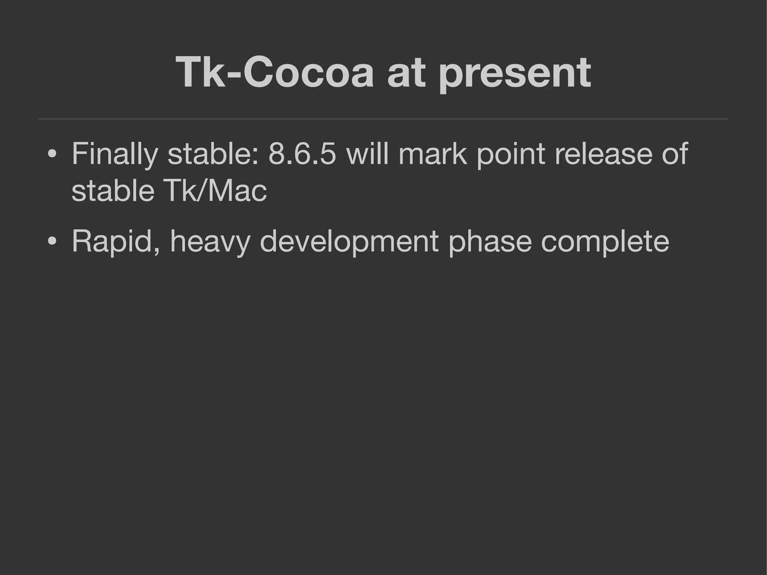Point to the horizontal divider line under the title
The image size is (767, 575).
(383, 119)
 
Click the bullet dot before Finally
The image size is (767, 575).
(52, 155)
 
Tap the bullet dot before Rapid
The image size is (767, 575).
(52, 242)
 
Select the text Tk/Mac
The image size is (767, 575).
(215, 191)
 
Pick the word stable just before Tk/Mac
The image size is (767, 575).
(113, 191)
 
